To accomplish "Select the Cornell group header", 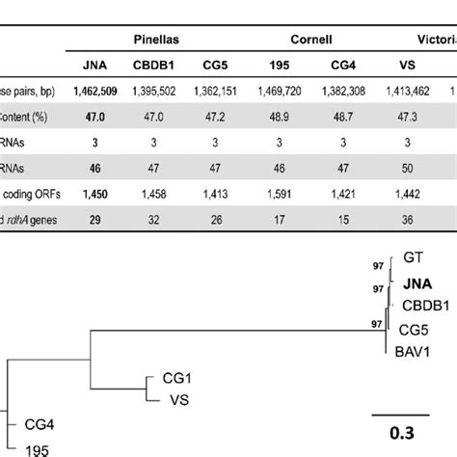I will tap(313, 40).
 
